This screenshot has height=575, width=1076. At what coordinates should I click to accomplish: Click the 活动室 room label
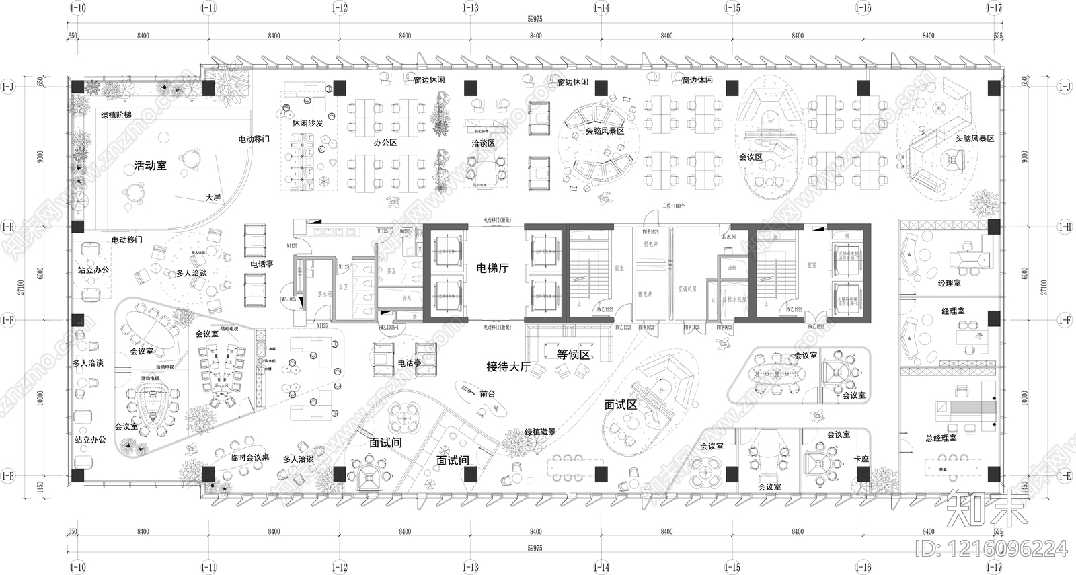(x=150, y=165)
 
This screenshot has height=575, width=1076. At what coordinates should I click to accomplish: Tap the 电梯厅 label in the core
(x=492, y=268)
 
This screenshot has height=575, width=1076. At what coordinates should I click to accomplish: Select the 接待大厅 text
(x=508, y=367)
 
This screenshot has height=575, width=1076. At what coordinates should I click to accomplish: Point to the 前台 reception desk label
(x=487, y=394)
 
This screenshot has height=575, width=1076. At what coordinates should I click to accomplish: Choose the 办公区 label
(x=385, y=143)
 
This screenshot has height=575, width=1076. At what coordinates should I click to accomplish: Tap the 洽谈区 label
(x=483, y=143)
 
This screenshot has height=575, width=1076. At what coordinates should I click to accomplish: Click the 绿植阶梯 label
(x=116, y=115)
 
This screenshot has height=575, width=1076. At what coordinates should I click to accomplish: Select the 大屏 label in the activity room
(x=213, y=197)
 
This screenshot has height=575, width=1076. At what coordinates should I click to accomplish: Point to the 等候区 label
(x=573, y=354)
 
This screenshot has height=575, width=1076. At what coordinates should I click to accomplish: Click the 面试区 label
(x=620, y=404)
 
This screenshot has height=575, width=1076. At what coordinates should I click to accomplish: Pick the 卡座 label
(x=861, y=459)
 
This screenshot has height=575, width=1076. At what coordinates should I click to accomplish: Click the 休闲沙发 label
(x=307, y=123)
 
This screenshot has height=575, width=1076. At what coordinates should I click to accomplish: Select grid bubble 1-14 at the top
(x=601, y=8)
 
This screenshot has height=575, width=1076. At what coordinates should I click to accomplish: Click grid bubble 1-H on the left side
(x=7, y=227)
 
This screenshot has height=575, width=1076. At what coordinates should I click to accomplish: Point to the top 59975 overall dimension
(x=535, y=20)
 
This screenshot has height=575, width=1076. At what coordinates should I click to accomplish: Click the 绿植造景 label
(x=540, y=432)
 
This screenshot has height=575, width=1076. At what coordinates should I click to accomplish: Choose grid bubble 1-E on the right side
(x=1065, y=476)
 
